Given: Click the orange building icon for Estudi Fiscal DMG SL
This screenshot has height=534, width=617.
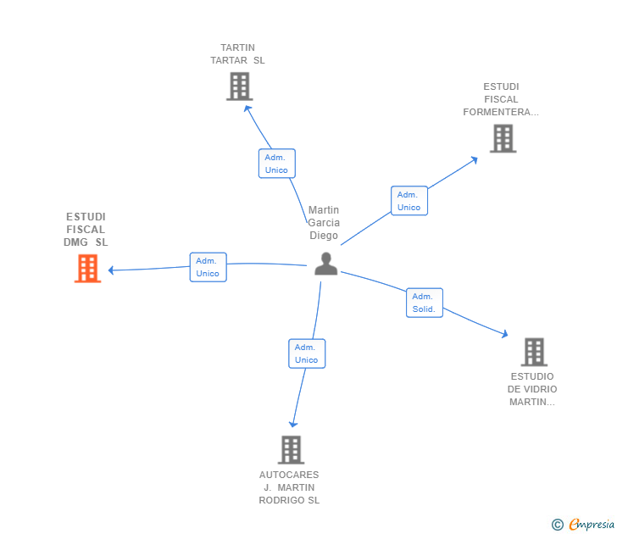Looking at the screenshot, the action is tap(87, 268).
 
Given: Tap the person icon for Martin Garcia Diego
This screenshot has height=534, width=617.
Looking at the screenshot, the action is tap(325, 264).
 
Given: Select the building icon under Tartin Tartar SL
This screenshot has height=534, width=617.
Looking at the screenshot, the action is tap(239, 86).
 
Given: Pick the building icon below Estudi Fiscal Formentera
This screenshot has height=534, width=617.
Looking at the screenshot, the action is tap(503, 138).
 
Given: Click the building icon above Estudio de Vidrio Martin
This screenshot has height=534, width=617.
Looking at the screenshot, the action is tap(533, 351).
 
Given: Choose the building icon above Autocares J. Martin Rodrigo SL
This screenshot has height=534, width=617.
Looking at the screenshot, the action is tap(291, 449).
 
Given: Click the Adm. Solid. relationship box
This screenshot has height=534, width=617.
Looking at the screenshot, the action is tap(424, 303).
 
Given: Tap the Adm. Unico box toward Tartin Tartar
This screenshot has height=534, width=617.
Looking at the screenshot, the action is tap(276, 164).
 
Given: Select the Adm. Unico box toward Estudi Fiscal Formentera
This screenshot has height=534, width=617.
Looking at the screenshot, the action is tap(409, 201).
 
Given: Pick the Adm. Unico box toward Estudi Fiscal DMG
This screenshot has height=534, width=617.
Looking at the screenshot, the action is tap(208, 267).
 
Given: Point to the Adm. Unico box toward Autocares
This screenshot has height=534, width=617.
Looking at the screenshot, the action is tap(306, 353).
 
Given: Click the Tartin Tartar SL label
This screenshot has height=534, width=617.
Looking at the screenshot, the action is tap(237, 54).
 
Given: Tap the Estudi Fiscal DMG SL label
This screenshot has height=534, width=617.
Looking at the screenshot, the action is tap(86, 230).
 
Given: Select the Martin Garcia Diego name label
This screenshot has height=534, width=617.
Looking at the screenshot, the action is tap(324, 223).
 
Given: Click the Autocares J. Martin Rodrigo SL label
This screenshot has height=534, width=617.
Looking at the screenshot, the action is tap(289, 487).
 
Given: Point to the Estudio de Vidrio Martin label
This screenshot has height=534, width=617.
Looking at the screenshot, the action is tap(532, 389).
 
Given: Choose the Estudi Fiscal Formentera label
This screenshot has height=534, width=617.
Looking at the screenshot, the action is tap(501, 99).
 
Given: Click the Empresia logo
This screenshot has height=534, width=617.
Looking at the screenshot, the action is tap(591, 525).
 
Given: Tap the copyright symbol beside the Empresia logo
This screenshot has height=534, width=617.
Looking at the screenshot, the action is tap(558, 526).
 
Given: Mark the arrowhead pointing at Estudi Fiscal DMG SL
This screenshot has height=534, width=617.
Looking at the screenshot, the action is tap(111, 270).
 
